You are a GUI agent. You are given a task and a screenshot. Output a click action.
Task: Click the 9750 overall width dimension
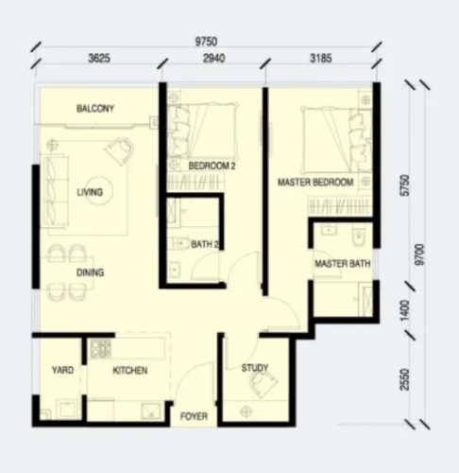206,42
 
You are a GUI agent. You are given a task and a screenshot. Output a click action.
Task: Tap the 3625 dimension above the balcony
99,59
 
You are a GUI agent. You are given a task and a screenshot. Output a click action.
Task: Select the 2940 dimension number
213,59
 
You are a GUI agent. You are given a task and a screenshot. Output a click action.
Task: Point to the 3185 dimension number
321,59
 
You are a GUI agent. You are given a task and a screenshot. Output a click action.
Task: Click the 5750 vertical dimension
405,185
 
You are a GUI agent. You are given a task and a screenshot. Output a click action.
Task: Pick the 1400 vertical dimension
405,310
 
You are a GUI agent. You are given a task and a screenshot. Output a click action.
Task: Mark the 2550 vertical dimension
405,379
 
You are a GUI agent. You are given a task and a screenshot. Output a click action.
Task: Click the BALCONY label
95,109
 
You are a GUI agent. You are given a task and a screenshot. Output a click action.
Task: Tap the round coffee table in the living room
99,191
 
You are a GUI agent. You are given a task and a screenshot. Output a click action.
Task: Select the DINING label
90,272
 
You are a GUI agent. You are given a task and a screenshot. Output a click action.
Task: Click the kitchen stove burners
101,349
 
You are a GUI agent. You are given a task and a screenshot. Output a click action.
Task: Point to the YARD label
62,370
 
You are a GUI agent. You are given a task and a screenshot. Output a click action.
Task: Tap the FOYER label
194,416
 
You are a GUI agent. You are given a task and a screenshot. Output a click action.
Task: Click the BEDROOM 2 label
212,166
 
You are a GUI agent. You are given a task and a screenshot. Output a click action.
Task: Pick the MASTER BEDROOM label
315,183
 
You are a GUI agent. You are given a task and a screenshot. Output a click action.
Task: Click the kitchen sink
152,412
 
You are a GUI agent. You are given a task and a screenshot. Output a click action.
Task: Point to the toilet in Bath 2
178,243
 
